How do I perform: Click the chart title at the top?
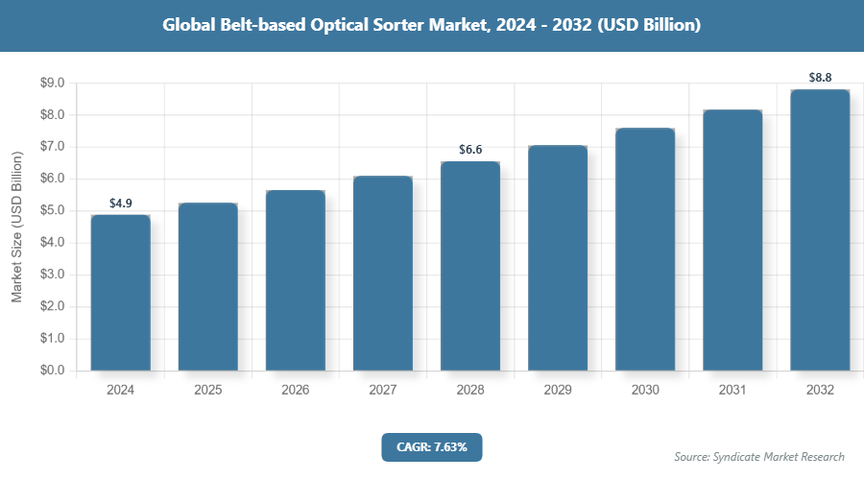coord(431,26)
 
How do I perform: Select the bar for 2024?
coord(121,293)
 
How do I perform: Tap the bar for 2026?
coord(296,280)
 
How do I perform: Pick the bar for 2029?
coord(558,258)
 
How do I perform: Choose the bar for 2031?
coord(732,240)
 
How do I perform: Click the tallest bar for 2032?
coord(820,230)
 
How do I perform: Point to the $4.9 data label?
coord(121,204)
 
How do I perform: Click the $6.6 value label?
coord(470,150)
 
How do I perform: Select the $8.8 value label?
coord(820,78)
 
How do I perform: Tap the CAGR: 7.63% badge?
coord(431,446)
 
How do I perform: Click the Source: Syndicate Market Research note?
coord(759,456)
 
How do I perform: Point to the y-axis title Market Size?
coord(16,228)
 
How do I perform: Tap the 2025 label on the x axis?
coord(208,391)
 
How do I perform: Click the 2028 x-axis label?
coord(470,391)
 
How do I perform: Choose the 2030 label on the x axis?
coord(645,391)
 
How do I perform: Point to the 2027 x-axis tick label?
coord(383,391)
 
